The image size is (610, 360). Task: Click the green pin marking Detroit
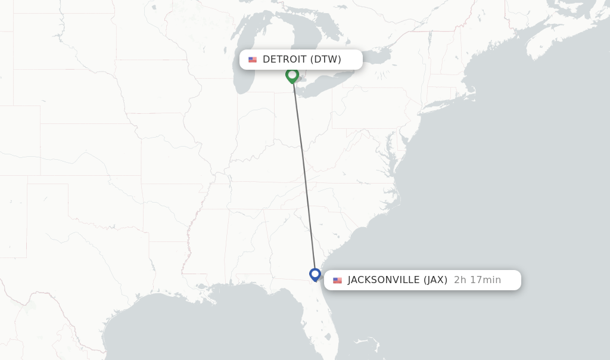pos(292,75)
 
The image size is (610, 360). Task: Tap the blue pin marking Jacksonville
pos(315,274)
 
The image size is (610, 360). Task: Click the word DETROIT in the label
pos(284,59)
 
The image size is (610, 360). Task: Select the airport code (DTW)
pos(326,59)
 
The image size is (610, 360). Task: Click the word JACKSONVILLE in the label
pos(384,280)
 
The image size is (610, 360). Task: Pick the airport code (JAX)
pos(435,280)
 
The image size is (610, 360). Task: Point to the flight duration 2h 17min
pos(477,280)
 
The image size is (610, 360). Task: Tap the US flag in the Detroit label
pos(253,60)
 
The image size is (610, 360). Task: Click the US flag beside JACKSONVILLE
pos(338,280)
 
